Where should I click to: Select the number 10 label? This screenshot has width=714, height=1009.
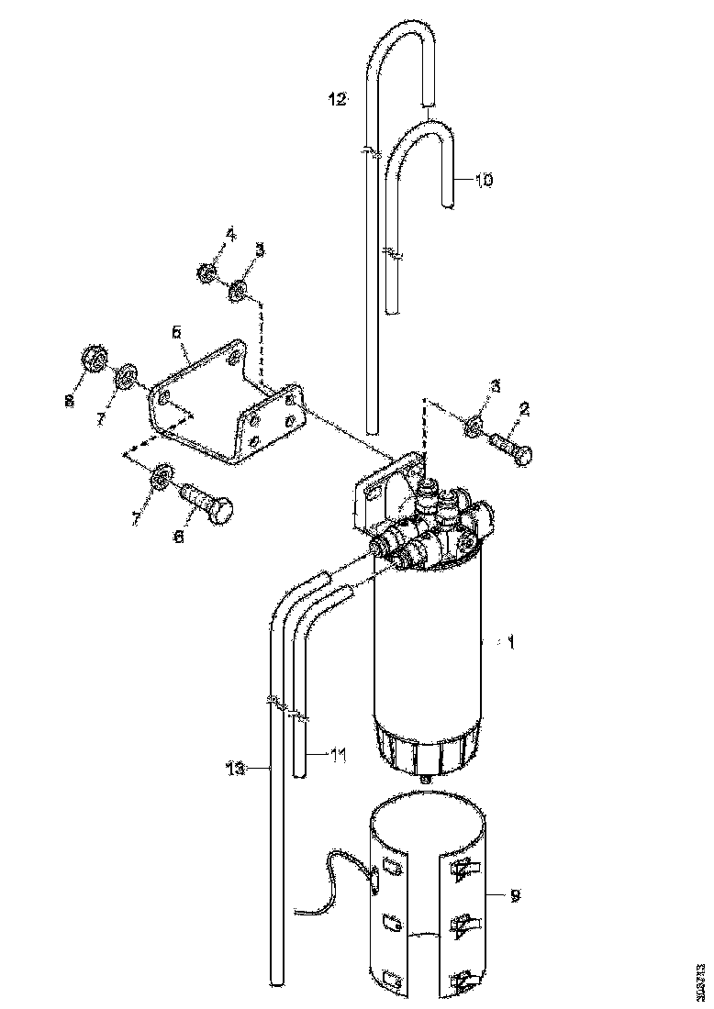484,181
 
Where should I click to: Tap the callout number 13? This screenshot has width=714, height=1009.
236,769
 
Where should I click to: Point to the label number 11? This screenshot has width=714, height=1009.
338,756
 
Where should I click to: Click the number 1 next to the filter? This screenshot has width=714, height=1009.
511,643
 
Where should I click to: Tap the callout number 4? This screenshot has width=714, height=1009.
230,235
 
